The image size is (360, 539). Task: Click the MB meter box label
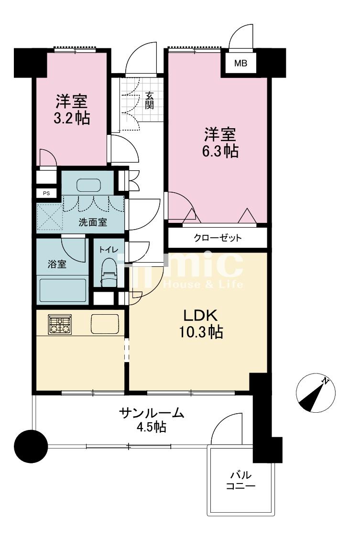(x=240, y=63)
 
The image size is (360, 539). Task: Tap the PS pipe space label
(x=46, y=193)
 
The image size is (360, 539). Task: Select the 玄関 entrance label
(x=150, y=100)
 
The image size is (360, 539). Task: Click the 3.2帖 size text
(x=72, y=118)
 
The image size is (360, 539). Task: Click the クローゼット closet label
(x=217, y=238)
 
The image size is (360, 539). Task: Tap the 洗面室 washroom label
(x=93, y=222)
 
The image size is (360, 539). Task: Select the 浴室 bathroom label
(x=56, y=264)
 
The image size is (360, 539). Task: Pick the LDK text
(x=201, y=316)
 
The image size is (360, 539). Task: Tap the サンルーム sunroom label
(x=152, y=413)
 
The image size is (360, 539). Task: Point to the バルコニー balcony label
(x=240, y=481)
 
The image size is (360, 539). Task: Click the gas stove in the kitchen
(x=60, y=324)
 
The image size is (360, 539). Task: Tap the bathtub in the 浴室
(x=62, y=290)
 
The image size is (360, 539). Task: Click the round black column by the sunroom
(x=31, y=446)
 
